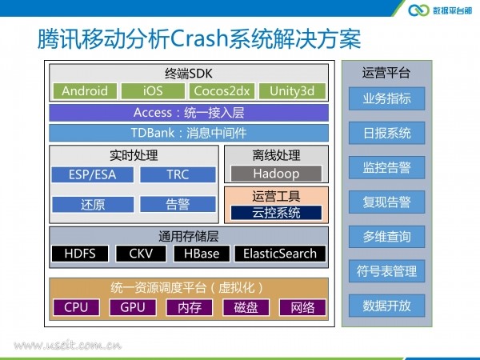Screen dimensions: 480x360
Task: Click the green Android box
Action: [85, 91]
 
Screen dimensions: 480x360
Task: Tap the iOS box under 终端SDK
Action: [153, 91]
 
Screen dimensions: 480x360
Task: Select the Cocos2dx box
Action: [222, 91]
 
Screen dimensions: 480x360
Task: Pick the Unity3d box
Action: [292, 91]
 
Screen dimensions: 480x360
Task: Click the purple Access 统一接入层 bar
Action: [189, 113]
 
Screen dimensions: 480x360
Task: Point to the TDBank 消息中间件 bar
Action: [189, 133]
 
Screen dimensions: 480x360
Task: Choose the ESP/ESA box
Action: [93, 174]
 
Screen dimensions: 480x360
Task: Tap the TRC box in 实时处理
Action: [178, 174]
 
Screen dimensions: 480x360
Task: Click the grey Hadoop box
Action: [276, 174]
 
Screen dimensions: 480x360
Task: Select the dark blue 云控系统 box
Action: [276, 213]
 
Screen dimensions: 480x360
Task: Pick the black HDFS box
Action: [80, 254]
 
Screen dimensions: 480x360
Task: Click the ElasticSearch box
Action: [280, 254]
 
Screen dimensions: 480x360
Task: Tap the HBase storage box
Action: [202, 254]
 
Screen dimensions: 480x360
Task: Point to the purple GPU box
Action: [133, 307]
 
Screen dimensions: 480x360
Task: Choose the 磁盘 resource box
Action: [246, 307]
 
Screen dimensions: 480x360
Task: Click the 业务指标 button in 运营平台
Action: [387, 98]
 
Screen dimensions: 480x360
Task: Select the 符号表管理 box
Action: [387, 271]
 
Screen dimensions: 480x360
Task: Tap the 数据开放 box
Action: [387, 306]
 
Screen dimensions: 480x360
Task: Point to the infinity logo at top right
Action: [418, 10]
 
